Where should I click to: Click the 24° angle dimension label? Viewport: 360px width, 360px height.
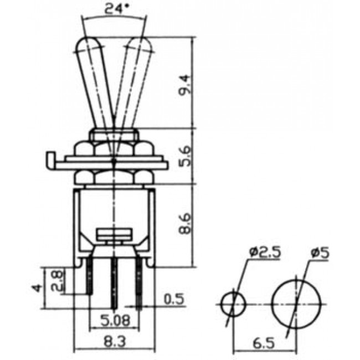click(x=114, y=8)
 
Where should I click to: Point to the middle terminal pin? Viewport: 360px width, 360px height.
click(x=114, y=283)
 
